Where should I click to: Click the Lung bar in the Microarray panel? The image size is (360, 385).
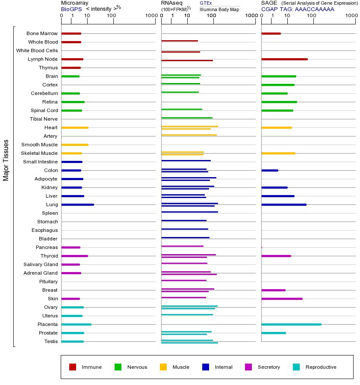tap(77, 204)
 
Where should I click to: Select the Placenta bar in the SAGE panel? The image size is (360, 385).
tap(291, 324)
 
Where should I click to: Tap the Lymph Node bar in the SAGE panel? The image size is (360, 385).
tap(284, 59)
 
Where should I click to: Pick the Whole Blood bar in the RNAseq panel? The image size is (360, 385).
tap(180, 41)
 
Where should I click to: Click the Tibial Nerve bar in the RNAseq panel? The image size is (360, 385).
tap(187, 118)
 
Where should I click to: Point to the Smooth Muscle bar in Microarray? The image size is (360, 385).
tap(75, 145)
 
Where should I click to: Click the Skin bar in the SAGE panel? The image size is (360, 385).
tap(282, 299)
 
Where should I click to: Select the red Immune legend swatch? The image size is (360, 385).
tap(73, 367)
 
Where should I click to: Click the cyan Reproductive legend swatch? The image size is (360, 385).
tap(296, 367)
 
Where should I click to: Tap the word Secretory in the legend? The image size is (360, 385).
tap(269, 367)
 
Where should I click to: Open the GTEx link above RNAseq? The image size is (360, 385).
tap(206, 3)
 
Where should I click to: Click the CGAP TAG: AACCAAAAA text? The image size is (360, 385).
tap(298, 9)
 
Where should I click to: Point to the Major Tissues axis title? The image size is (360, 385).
tap(6, 160)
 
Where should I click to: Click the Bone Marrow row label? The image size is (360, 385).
tap(42, 33)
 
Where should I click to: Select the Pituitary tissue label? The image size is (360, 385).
tap(48, 281)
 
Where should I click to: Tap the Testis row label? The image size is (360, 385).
tap(51, 341)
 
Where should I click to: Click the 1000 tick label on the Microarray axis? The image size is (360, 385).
tap(150, 16)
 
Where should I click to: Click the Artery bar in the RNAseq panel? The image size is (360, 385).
tap(189, 135)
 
